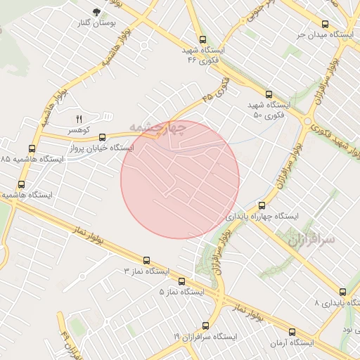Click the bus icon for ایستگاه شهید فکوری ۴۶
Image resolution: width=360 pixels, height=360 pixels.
[203, 40]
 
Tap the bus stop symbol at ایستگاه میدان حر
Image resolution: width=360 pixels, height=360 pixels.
[324, 23]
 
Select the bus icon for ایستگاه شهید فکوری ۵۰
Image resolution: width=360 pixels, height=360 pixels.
[269, 94]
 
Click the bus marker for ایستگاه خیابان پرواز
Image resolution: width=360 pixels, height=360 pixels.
[103, 137]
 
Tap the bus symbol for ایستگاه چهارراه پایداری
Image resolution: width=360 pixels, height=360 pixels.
[262, 205]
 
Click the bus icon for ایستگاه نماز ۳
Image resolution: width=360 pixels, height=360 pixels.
[146, 260]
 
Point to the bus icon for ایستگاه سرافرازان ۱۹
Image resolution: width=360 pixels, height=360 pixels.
[205, 326]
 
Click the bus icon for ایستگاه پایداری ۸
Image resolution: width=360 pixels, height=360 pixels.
[342, 292]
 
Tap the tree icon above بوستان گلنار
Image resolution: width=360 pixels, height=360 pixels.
[96, 12]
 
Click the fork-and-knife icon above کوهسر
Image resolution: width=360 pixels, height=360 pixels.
[79, 119]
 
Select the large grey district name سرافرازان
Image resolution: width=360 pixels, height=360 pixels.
[311, 240]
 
